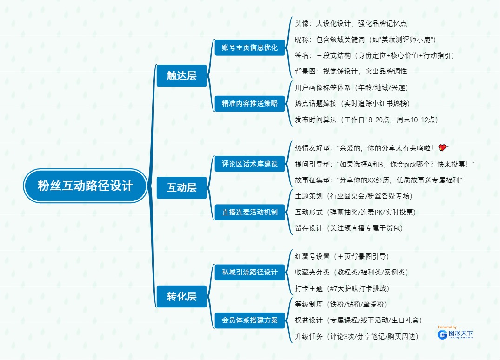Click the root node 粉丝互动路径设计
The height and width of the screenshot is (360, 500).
point(86,186)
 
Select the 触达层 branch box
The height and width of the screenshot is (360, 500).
point(181,76)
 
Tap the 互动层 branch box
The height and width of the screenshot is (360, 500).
point(181,188)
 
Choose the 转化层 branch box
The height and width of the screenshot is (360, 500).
point(181,296)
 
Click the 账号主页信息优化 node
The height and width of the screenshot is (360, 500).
point(250,47)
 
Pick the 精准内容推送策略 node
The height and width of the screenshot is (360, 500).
point(250,103)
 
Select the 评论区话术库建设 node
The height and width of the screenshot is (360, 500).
point(250,164)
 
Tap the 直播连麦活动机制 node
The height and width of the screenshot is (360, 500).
point(250,212)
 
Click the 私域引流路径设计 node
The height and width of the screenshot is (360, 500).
point(250,272)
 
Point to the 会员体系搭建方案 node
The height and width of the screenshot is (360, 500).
point(250,320)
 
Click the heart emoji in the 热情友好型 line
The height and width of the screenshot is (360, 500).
point(442,148)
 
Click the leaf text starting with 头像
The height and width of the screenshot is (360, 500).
point(351,23)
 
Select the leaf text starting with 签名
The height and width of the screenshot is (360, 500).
point(374,55)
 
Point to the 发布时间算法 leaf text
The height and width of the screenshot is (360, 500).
point(367,120)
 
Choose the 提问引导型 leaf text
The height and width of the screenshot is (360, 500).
point(385,164)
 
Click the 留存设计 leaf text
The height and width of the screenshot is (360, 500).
point(349,228)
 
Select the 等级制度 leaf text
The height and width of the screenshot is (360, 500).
point(341,304)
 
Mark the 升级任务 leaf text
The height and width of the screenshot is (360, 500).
point(357,336)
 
